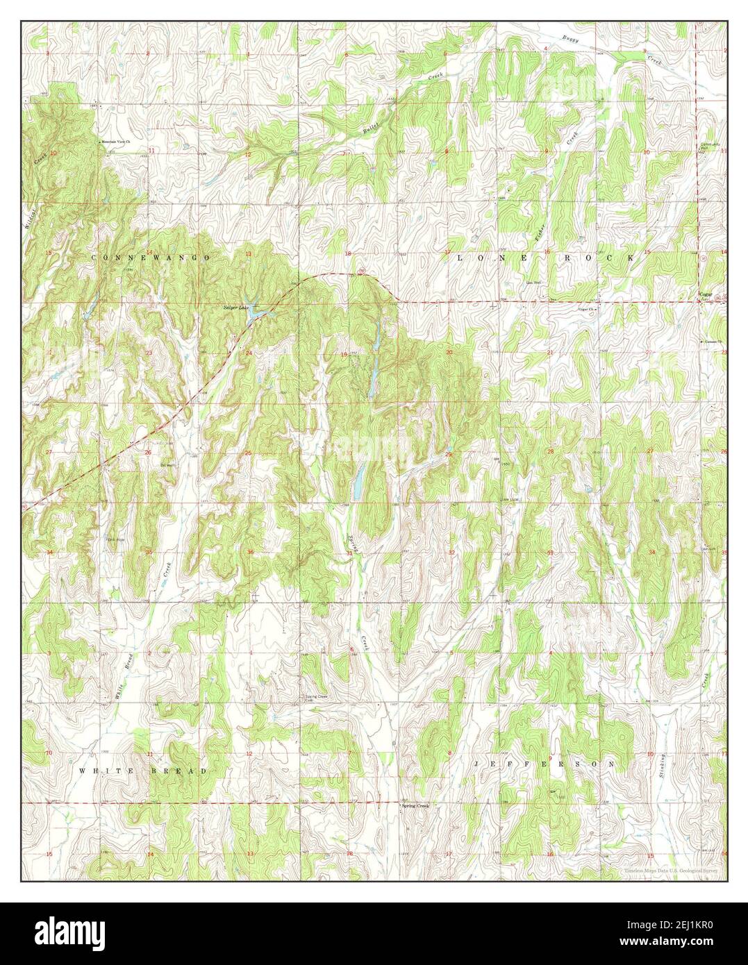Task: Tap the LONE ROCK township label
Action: point(545,258)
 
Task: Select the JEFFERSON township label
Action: point(545,763)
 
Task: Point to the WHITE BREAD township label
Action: point(142,771)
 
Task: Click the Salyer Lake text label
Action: point(235,307)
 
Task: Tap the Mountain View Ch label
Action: point(117,142)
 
